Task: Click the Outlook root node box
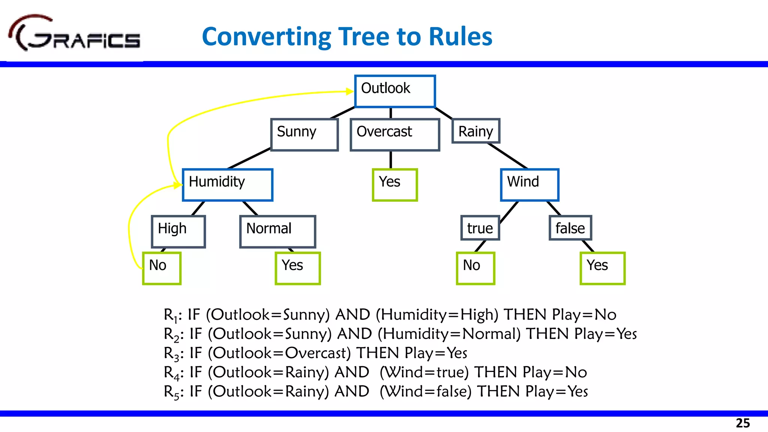395,91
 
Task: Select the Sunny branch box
304,135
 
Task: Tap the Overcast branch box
395,135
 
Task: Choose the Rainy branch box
476,131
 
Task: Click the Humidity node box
228,185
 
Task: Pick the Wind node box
529,185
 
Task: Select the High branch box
178,231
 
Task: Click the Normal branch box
277,231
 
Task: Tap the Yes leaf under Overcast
395,185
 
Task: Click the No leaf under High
162,268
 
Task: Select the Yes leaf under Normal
298,268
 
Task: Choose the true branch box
480,228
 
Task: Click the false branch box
570,228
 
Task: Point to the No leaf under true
475,268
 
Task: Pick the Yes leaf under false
603,268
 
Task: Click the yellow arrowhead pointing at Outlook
349,91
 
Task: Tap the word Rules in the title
460,36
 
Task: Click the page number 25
742,423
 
